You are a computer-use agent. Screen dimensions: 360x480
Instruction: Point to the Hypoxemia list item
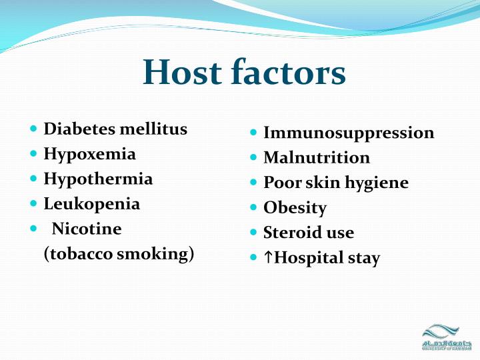[89, 154]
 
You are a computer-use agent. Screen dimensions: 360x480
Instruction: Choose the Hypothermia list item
[98, 179]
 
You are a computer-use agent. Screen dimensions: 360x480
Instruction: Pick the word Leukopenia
[92, 204]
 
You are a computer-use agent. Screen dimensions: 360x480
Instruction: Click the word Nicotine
[87, 229]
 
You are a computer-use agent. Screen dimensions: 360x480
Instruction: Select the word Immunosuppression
[349, 133]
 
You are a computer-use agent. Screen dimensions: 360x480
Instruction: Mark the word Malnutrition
[317, 158]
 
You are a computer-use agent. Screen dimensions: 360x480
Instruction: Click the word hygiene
[376, 183]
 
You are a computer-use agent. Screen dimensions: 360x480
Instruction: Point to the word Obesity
[295, 208]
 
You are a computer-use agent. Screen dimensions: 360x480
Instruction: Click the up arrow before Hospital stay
[268, 258]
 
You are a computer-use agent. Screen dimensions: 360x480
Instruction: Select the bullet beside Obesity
[253, 208]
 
